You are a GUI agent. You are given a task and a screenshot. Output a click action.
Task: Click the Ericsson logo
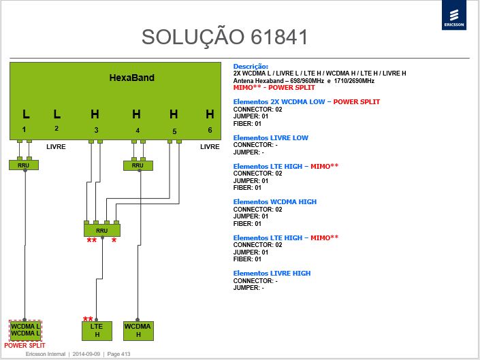(x=454, y=15)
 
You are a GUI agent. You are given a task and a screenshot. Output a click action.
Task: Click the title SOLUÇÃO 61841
(x=225, y=37)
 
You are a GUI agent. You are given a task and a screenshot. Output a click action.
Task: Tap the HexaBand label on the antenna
(x=131, y=78)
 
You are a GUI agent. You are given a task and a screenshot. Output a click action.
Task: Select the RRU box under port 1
(x=24, y=165)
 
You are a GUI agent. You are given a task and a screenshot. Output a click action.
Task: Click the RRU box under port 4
(x=138, y=165)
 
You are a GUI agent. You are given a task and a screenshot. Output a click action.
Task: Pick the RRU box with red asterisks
(x=102, y=230)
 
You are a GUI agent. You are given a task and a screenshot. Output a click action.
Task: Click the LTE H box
(x=97, y=331)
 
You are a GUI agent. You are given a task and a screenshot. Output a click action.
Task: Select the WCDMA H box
(x=138, y=331)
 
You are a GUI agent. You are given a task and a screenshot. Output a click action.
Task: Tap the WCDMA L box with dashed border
(x=25, y=330)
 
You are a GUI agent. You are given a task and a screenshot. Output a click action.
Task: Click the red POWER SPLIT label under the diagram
(x=25, y=345)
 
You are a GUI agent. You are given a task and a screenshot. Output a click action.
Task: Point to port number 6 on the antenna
(x=210, y=130)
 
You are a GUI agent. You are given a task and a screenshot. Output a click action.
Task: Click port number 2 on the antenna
(x=57, y=129)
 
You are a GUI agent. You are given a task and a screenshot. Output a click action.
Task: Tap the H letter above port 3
(x=95, y=114)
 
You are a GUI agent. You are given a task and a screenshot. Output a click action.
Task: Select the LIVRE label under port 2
(x=56, y=147)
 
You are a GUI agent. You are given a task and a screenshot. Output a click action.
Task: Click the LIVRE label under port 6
(x=210, y=147)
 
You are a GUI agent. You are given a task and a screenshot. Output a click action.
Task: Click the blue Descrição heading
(x=251, y=67)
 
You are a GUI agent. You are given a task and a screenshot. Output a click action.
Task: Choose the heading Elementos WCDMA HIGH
(x=275, y=202)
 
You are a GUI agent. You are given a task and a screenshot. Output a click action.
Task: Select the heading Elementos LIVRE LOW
(x=270, y=137)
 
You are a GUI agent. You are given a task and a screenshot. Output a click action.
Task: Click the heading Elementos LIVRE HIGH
(x=272, y=273)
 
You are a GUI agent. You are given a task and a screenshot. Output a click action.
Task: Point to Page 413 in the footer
(x=118, y=354)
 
